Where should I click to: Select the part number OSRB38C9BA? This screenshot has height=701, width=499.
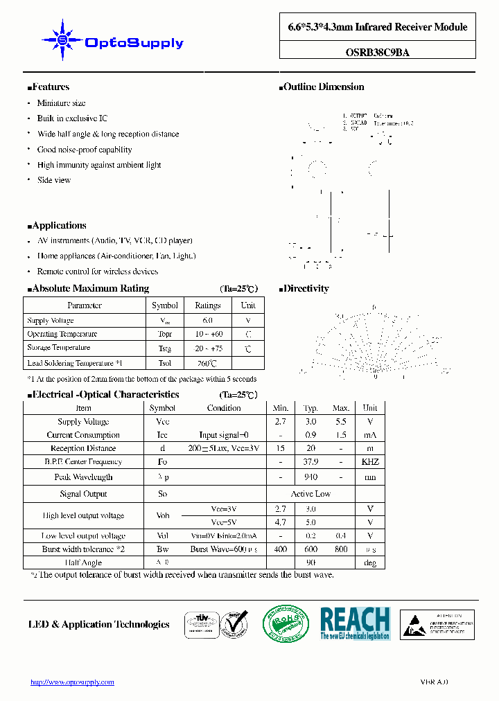click(378, 51)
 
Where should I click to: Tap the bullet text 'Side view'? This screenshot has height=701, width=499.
click(54, 180)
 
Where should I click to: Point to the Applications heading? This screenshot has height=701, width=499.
click(59, 226)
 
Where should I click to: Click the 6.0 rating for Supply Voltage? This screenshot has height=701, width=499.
click(207, 321)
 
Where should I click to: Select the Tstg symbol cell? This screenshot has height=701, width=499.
click(164, 348)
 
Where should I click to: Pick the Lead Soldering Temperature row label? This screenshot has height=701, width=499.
click(74, 363)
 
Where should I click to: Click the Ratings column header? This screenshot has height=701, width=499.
click(207, 305)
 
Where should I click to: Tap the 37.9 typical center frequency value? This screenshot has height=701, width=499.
click(310, 462)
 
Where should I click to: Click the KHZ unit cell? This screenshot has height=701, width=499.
click(370, 462)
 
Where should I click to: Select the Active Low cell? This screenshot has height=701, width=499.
click(310, 494)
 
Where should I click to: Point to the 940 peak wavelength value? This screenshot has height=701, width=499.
click(310, 477)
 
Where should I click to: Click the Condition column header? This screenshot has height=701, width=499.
click(224, 408)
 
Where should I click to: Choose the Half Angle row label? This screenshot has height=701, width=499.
click(83, 563)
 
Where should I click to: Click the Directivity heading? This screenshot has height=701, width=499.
click(306, 289)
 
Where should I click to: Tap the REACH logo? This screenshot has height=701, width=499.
click(355, 623)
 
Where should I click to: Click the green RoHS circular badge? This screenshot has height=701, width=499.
click(286, 624)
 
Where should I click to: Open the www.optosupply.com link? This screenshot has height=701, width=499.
click(72, 682)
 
